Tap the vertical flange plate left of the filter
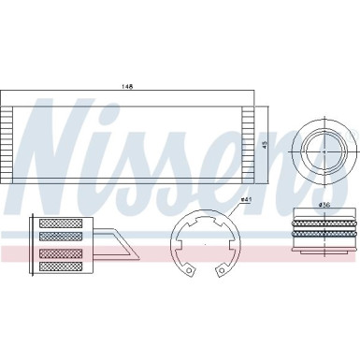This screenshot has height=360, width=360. point(36,246)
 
